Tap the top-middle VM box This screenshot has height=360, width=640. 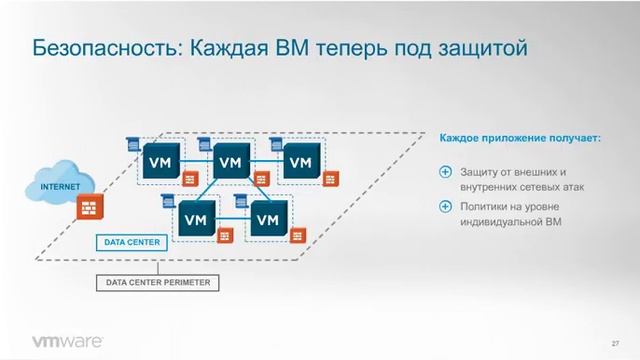click(229, 160)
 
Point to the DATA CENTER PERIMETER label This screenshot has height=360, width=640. click(159, 283)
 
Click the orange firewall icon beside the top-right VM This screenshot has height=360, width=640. click(332, 179)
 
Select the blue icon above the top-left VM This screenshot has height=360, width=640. click(132, 144)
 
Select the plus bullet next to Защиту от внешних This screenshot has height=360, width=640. click(445, 172)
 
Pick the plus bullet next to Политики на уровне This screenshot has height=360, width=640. click(445, 207)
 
